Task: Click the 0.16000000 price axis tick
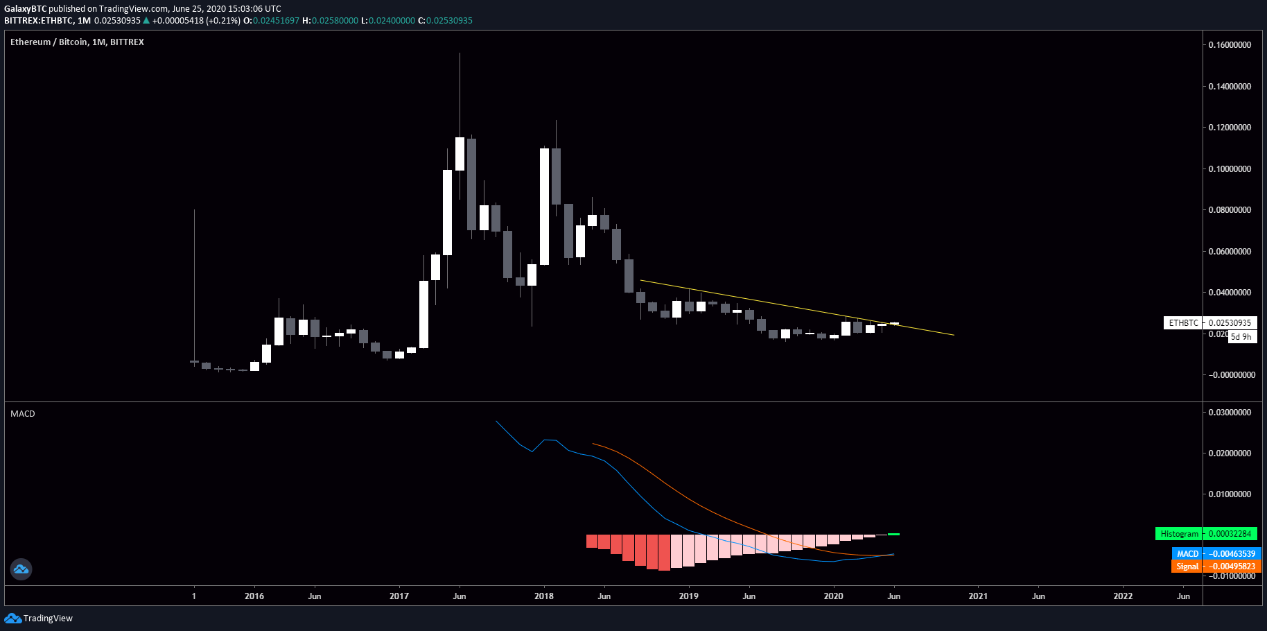1230,45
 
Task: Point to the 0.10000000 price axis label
1230,169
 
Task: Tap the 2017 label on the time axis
399,596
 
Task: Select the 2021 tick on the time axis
978,596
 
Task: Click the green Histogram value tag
1179,534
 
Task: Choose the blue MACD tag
1187,553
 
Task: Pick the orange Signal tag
1187,567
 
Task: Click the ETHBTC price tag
1183,323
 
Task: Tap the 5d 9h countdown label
1241,337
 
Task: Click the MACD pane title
23,414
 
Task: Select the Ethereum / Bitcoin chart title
77,42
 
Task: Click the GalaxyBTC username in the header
25,9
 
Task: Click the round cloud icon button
21,569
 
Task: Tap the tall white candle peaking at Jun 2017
460,153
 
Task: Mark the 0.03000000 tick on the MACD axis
1230,413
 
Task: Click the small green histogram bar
893,534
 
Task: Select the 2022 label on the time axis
1123,596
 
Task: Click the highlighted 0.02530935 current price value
1230,323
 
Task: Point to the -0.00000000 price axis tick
1232,375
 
